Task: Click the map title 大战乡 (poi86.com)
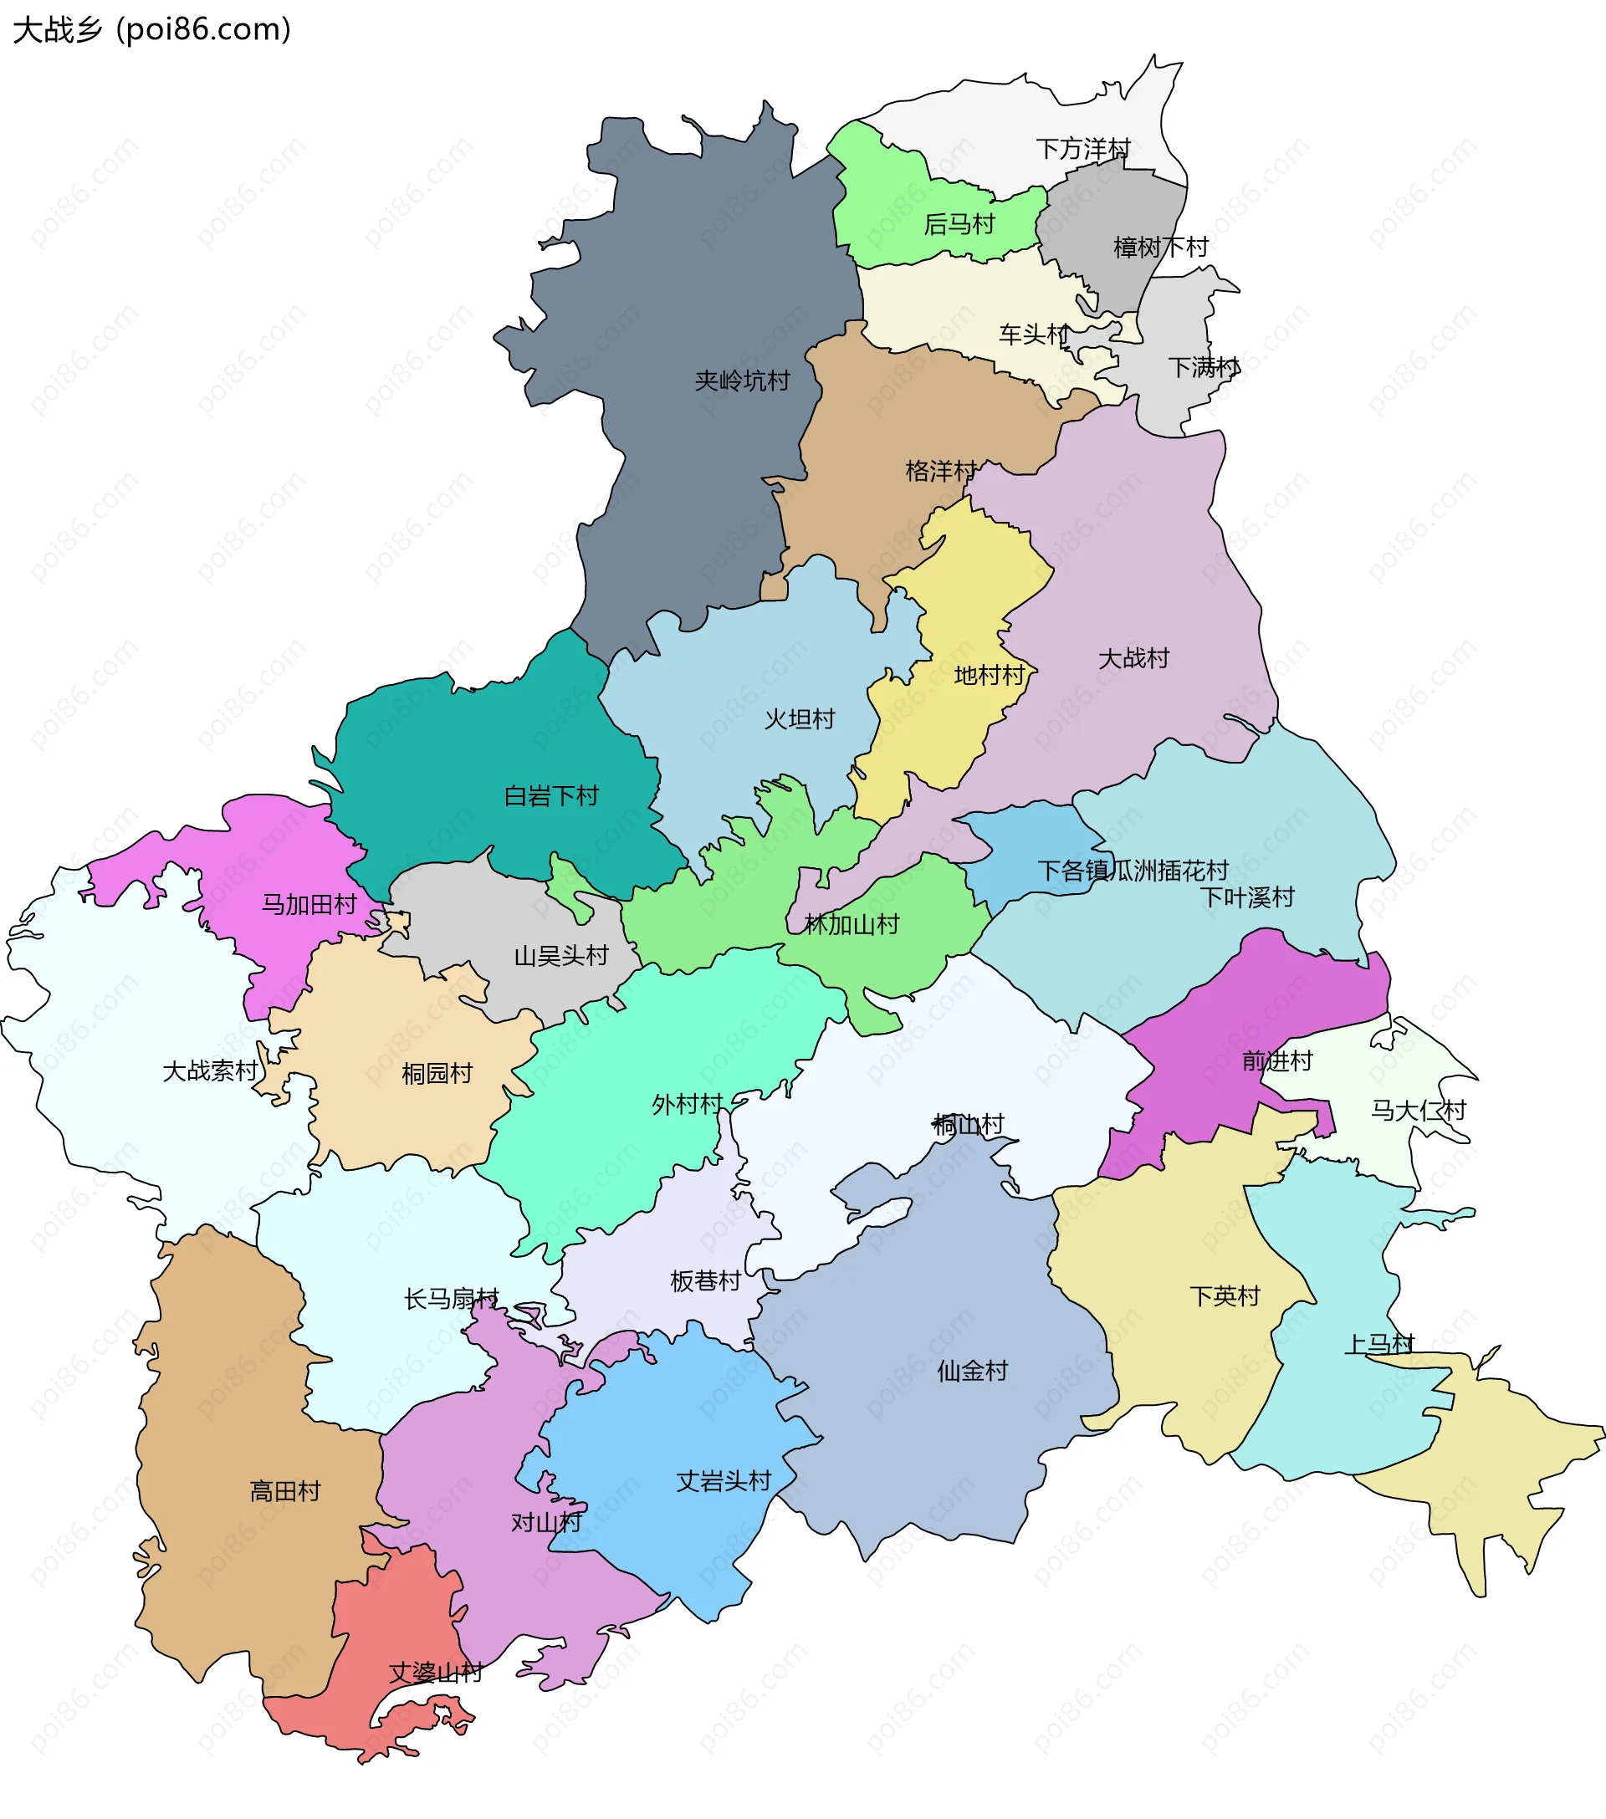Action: pos(151,30)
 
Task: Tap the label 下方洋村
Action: pos(1082,149)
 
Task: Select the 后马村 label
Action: pos(959,224)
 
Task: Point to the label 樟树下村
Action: pos(1160,248)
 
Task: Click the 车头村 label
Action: pos(1034,335)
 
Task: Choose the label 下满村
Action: pos(1204,366)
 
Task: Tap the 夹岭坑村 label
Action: pos(742,381)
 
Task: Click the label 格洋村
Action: pos(941,471)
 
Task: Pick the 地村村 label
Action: pos(989,676)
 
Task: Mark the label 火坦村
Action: pos(800,719)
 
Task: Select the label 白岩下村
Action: pos(551,795)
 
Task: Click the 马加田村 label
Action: pos(309,904)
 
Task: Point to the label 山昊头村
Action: pos(561,956)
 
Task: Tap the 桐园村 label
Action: pos(437,1073)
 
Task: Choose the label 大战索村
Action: pos(210,1070)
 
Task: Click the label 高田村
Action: pos(285,1490)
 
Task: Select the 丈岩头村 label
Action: pos(723,1481)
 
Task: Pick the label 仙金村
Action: pos(972,1371)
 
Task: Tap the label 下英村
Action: pos(1225,1295)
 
